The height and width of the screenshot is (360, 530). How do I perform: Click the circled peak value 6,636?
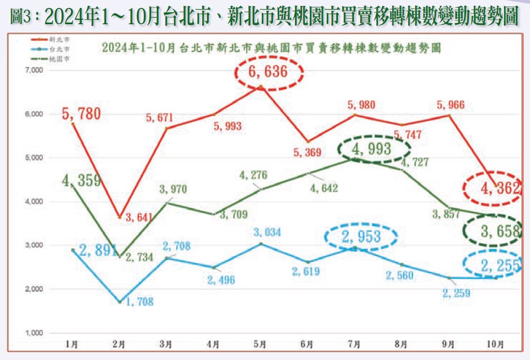(x=268, y=72)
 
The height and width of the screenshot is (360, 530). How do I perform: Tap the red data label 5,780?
(x=81, y=114)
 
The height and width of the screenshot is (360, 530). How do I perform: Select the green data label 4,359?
(x=81, y=181)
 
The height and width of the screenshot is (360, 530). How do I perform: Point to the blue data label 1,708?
(x=135, y=301)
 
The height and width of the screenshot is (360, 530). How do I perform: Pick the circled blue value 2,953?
(x=361, y=237)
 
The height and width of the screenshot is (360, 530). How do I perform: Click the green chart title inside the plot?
(x=271, y=49)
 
